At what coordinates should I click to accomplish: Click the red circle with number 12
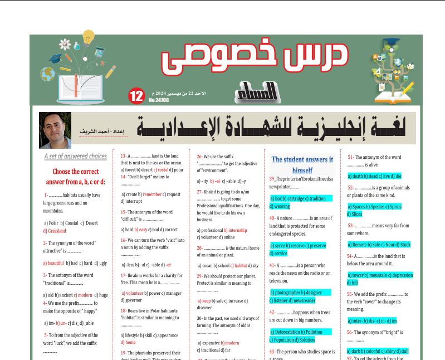pos(136,96)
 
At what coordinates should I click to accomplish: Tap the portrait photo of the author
pos(55,130)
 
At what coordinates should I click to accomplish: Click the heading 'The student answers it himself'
pos(302,164)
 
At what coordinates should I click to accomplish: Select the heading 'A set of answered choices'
pos(75,157)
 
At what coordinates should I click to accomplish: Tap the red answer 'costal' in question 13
pos(162,170)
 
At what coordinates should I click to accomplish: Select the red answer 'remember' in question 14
pos(152,194)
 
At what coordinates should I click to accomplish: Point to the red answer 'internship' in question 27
pos(237,230)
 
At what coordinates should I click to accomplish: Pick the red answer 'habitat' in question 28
pos(240,266)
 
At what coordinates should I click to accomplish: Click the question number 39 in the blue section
pos(272,178)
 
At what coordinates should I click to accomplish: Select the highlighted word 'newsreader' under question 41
pos(304,300)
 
